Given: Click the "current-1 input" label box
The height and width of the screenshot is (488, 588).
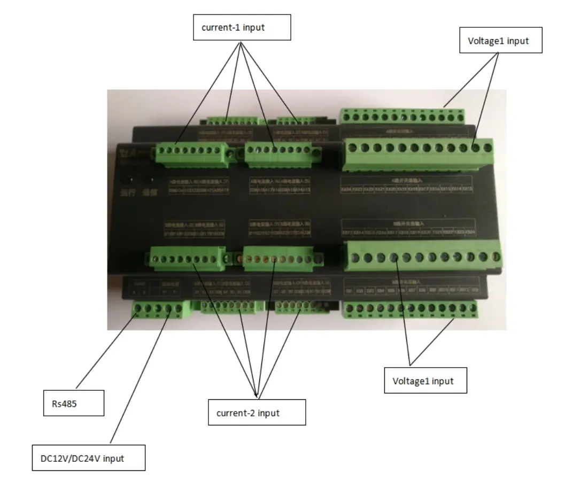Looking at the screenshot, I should (x=242, y=28).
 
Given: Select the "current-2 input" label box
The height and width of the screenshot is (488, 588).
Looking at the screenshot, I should (x=257, y=412).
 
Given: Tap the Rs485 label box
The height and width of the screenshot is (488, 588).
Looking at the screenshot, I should (x=73, y=404).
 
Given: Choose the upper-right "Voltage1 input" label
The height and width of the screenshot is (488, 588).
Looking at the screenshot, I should (x=501, y=41).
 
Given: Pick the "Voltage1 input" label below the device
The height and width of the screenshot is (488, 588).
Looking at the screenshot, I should (x=425, y=381).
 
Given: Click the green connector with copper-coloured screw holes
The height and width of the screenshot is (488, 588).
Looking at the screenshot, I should (x=275, y=259).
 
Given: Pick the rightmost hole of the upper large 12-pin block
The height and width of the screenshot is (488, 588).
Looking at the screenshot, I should (x=488, y=147).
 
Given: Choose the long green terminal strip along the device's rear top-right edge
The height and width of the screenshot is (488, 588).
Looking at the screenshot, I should (x=402, y=115).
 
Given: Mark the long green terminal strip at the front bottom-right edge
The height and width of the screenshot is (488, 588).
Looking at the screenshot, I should (x=409, y=309).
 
